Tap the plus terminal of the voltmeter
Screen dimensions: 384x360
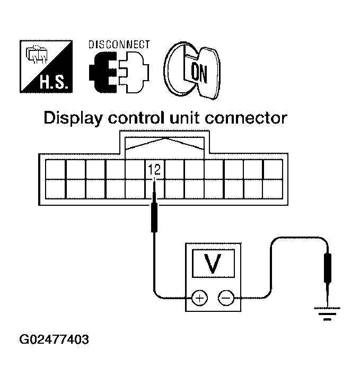click(199, 298)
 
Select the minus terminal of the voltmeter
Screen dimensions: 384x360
click(226, 298)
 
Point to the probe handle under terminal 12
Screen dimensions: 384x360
click(154, 217)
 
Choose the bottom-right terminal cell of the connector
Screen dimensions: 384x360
click(273, 189)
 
